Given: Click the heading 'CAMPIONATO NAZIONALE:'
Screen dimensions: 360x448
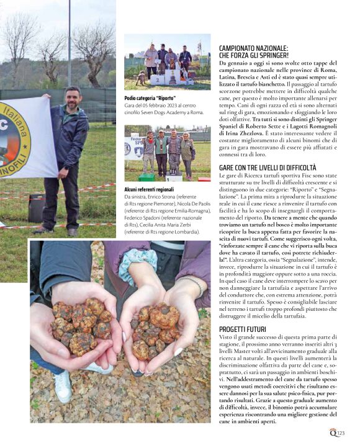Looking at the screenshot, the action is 253,47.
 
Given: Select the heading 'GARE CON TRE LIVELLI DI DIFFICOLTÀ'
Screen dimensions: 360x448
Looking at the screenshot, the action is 268,168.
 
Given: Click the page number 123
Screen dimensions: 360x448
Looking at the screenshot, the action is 341,433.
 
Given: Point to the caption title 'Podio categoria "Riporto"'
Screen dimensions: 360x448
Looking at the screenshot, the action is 150,98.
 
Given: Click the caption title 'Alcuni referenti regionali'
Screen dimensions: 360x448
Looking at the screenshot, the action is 149,189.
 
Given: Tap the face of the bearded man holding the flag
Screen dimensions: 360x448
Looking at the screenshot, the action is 72,99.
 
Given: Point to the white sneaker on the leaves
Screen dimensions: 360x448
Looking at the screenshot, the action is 62,386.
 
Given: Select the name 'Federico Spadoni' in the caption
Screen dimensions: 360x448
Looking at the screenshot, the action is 143,218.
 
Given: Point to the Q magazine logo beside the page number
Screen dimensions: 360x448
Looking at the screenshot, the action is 333,433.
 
